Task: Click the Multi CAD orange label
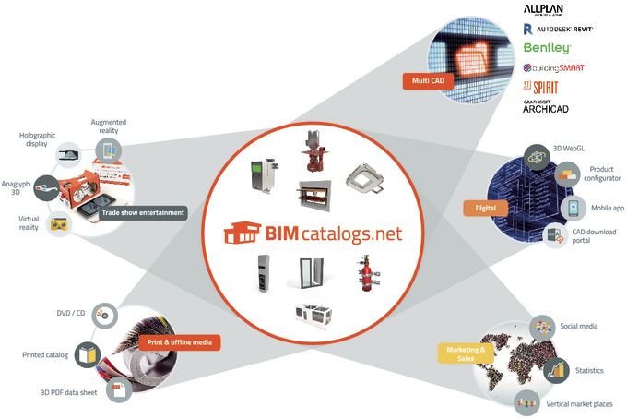point(428,81)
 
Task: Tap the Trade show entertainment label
point(143,213)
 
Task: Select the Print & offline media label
point(180,342)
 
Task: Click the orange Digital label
point(485,208)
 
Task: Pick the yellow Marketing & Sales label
point(466,353)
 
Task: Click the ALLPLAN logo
point(543,9)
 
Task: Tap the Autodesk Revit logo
point(558,30)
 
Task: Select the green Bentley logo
point(547,48)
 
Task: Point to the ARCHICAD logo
point(546,107)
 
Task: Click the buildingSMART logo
point(554,68)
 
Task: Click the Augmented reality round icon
point(109,150)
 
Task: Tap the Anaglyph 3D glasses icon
point(47,188)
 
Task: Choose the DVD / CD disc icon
point(105,315)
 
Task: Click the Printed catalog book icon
point(88,355)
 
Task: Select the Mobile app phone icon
point(574,208)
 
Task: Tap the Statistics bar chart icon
point(556,370)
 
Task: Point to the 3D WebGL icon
point(537,157)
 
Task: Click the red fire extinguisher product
point(366,273)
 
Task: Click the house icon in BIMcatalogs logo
point(243,232)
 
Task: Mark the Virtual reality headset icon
point(59,224)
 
